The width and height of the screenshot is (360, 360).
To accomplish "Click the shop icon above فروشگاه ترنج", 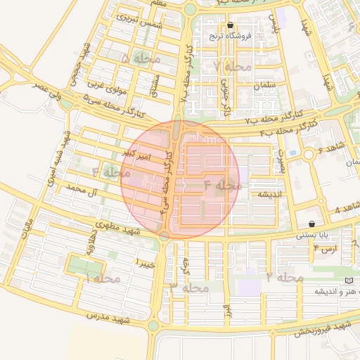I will (x=230, y=25).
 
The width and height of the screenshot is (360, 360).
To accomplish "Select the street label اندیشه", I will (x=269, y=193).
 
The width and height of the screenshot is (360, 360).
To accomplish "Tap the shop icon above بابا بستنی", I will (x=311, y=224).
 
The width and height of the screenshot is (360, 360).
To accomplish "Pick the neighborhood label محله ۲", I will (x=285, y=277).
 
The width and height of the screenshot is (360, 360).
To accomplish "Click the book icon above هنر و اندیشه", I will (x=348, y=281).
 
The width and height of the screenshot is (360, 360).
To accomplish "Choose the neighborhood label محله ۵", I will (x=139, y=58).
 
